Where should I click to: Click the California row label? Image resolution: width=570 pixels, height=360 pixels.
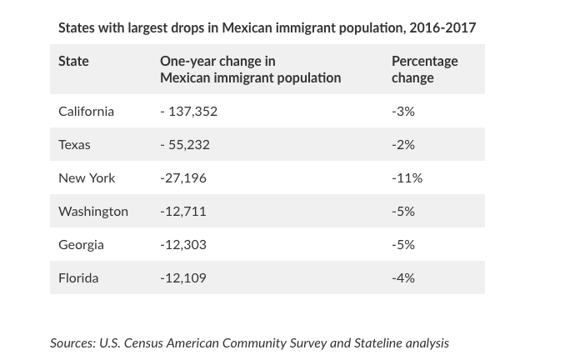[x=86, y=111]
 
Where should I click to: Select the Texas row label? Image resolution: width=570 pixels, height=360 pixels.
[x=74, y=144]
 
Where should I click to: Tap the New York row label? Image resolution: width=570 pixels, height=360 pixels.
[x=87, y=177]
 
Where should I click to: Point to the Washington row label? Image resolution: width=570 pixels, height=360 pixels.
[x=93, y=211]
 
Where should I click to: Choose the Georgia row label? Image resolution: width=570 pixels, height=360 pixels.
[x=81, y=244]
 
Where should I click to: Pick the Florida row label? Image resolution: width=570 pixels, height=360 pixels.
[x=78, y=277]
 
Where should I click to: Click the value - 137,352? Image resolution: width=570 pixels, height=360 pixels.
[x=188, y=111]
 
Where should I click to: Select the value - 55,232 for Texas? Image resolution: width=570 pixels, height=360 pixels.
[x=185, y=144]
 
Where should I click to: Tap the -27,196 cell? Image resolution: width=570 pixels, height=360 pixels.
[x=183, y=177]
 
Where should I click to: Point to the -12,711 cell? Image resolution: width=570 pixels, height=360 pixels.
[x=183, y=211]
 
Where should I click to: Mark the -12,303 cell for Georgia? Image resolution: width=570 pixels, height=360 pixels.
[x=183, y=244]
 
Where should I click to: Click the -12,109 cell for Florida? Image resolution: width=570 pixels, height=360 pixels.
[x=183, y=277]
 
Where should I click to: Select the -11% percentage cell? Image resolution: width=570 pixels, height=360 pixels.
[x=407, y=177]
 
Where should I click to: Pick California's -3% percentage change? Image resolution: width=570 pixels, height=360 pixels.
[x=403, y=111]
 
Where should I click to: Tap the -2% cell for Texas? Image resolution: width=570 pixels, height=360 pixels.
[x=403, y=144]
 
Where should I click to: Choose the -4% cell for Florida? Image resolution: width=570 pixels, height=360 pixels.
[x=403, y=277]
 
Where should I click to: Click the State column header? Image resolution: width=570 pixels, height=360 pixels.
[x=73, y=61]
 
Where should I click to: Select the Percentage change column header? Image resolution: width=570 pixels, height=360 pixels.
[x=424, y=69]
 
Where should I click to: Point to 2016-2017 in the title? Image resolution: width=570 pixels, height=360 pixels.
[x=442, y=27]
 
